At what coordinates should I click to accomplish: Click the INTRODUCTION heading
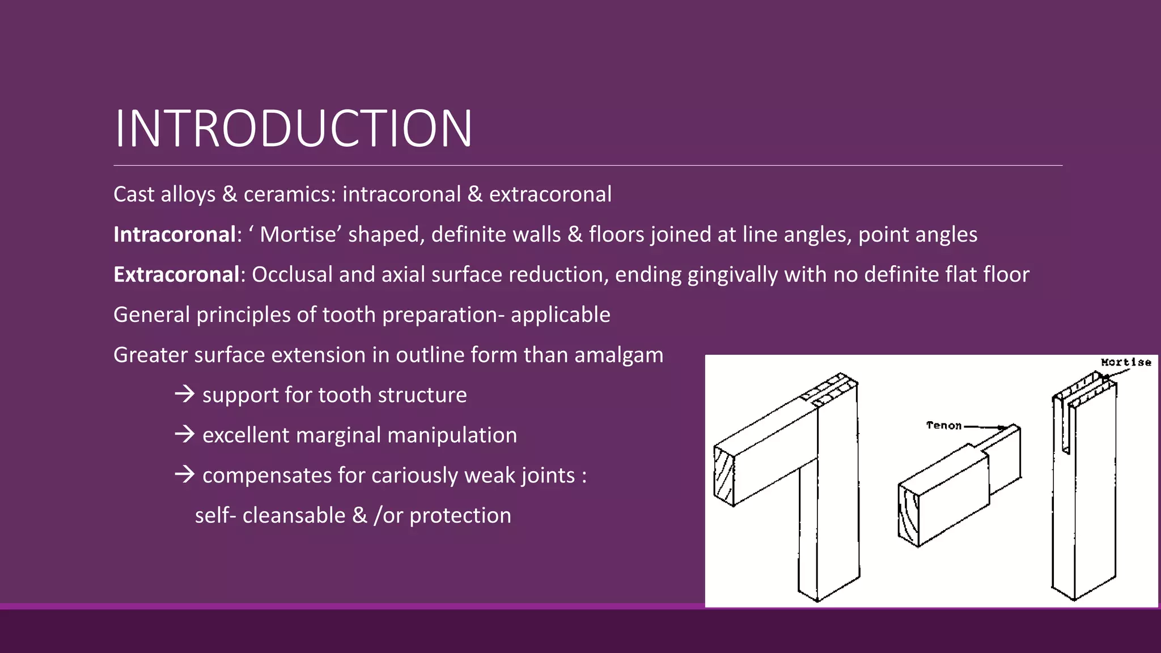[x=293, y=129]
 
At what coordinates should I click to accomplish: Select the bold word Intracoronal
[x=174, y=235]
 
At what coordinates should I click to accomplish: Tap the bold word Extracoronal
[x=176, y=275]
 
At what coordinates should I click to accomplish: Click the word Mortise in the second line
[x=298, y=235]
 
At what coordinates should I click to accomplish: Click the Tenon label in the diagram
[x=944, y=425]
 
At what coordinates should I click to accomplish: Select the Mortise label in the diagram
[x=1126, y=362]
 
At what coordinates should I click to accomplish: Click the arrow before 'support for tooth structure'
[x=185, y=394]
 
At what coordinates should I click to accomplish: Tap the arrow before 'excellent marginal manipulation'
[x=185, y=434]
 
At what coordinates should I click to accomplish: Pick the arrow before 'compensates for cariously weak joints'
[x=185, y=474]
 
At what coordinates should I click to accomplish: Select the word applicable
[x=560, y=315]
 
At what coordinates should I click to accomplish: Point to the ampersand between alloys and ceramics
[x=230, y=194]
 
